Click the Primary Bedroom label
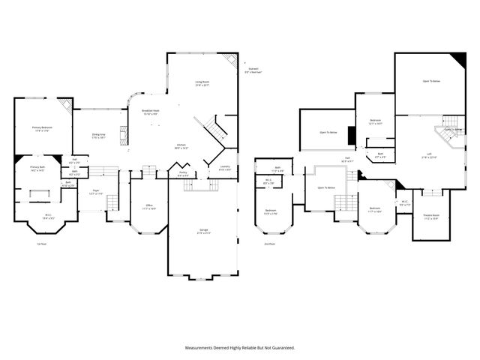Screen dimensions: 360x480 (x=41, y=128)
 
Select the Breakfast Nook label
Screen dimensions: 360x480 (x=151, y=112)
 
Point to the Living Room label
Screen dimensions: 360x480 (x=202, y=83)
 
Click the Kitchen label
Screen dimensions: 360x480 (x=181, y=146)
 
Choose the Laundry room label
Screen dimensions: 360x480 (x=224, y=168)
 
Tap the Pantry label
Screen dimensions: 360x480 (x=183, y=174)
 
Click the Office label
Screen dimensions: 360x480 (x=149, y=207)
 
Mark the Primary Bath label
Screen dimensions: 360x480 (x=38, y=169)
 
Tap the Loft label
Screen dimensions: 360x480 (x=429, y=155)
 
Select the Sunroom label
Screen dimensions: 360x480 (x=253, y=70)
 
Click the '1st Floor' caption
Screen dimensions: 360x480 (x=42, y=244)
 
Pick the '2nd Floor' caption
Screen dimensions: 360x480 (x=269, y=244)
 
